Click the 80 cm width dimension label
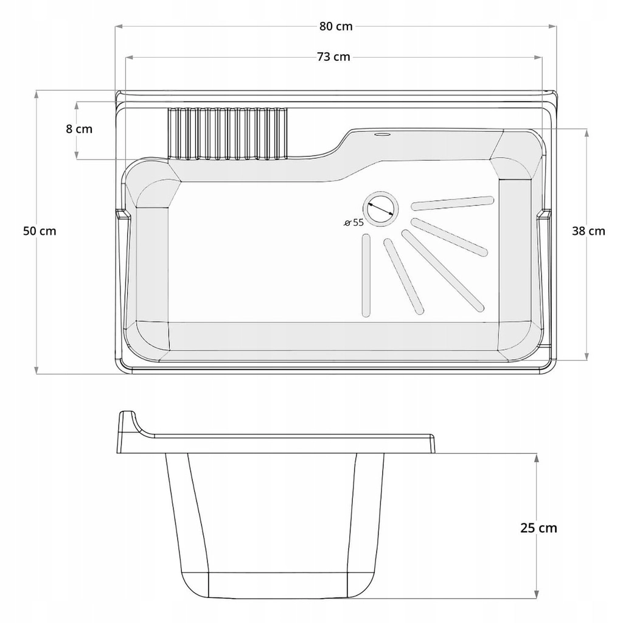tap(336, 26)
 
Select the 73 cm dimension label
tap(334, 57)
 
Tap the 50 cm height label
tap(40, 231)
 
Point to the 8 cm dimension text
tap(79, 129)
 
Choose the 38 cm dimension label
tap(588, 231)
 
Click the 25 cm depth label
tap(539, 528)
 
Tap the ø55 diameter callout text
tap(353, 223)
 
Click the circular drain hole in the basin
tap(380, 209)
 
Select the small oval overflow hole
tap(382, 134)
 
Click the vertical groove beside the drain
tap(366, 276)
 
